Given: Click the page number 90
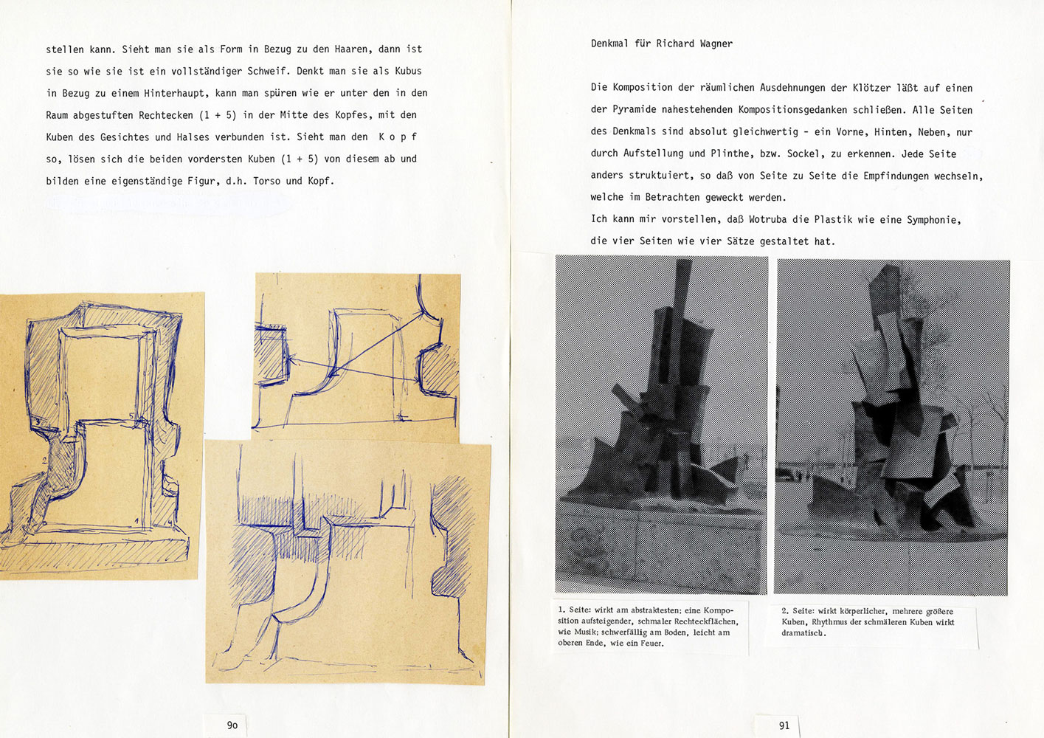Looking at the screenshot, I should coord(232,725).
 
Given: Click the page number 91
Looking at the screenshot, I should coord(784,725).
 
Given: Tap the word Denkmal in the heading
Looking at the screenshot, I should coord(609,44).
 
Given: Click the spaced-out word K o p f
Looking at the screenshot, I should coord(398,137).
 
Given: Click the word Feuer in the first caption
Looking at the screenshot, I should coord(649,644).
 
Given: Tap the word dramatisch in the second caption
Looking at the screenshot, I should coord(803,633).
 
